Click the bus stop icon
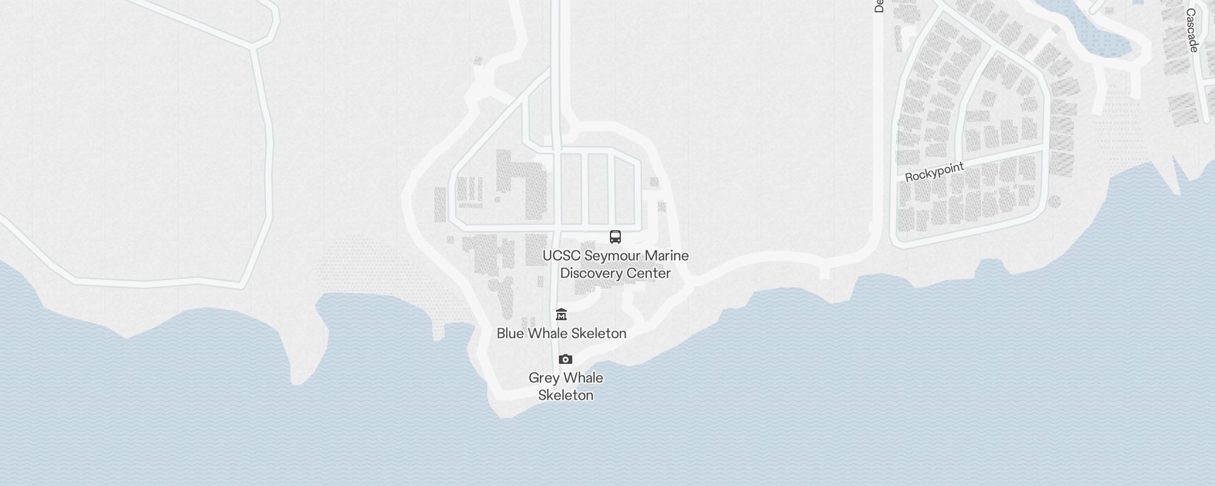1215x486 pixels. click(x=615, y=237)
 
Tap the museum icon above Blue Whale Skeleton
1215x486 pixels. click(x=561, y=315)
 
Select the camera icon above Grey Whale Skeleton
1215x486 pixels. click(x=566, y=360)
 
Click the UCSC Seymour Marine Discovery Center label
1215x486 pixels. click(x=615, y=264)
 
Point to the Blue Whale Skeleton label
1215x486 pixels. click(x=561, y=334)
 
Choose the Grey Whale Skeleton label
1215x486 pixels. click(x=566, y=386)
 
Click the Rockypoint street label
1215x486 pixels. click(x=934, y=172)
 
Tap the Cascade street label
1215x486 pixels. click(x=1192, y=30)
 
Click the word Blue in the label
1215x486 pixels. click(x=510, y=334)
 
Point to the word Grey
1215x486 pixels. click(x=542, y=378)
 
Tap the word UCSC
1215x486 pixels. click(x=560, y=256)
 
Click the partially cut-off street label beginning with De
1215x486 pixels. click(x=878, y=6)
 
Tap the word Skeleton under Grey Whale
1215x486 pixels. click(x=566, y=395)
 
